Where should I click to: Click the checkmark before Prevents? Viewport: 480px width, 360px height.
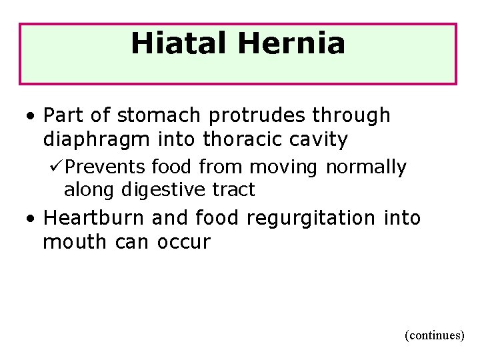point(57,166)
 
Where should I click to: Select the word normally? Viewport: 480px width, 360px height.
point(366,166)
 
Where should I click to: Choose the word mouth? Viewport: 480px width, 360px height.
point(71,241)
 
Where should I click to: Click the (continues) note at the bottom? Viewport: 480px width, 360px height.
point(434,335)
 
